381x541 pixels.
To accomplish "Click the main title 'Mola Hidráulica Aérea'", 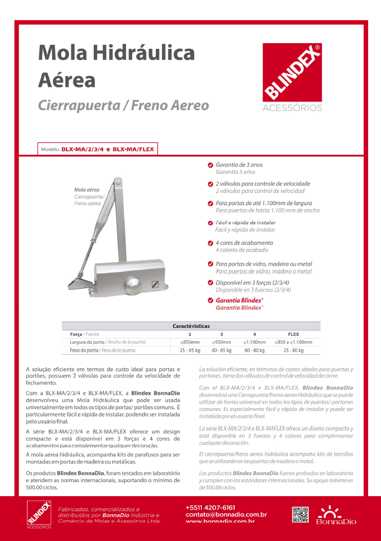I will (117, 66).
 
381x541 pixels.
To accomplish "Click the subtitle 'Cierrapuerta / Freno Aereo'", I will (123, 105).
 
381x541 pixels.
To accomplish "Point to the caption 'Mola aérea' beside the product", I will (87, 189).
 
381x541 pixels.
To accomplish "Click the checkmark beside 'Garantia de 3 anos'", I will (210, 165).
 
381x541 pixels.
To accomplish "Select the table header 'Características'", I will (191, 326).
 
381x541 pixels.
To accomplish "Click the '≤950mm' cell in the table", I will (221, 342).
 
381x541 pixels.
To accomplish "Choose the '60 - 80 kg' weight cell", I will (254, 350).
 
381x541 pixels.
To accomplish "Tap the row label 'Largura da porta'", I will (84, 342).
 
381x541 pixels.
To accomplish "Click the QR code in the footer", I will (300, 514).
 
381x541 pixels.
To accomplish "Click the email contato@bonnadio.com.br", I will (226, 514).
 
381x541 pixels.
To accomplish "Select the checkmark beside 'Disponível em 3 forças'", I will (210, 282).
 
